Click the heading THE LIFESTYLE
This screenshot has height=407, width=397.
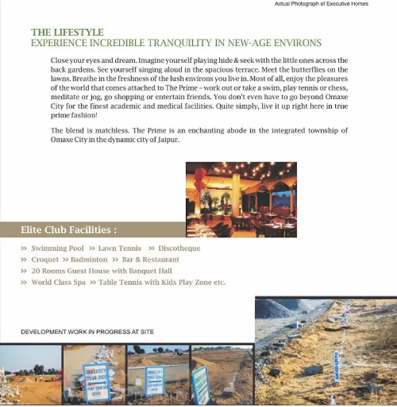[67, 32]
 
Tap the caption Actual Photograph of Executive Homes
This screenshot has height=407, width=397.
[321, 4]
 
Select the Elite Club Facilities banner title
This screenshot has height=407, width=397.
[69, 230]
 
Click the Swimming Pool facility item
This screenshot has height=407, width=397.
[57, 248]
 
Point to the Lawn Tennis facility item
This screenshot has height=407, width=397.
[120, 248]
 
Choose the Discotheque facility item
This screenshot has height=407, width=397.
[179, 248]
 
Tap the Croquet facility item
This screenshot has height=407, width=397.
[45, 260]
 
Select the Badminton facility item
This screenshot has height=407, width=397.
[89, 260]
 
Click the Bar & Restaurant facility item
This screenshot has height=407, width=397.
[150, 260]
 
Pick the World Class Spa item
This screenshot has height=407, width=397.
[58, 282]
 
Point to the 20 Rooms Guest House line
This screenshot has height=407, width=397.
[101, 271]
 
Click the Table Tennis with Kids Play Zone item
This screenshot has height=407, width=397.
[162, 282]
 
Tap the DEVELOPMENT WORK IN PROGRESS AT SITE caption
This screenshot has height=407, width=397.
[87, 332]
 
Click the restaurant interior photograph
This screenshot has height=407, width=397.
[241, 199]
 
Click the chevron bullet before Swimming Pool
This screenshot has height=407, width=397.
[24, 248]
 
